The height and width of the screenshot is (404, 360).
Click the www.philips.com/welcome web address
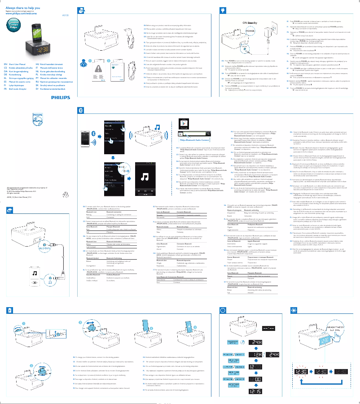(20, 13)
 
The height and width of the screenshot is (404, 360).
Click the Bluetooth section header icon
(81, 122)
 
